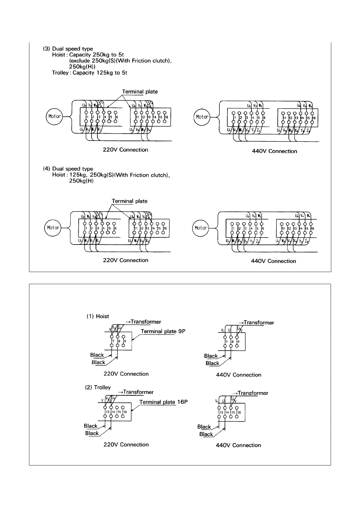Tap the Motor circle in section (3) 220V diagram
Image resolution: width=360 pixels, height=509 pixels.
54,116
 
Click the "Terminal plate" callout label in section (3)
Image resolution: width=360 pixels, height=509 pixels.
140,92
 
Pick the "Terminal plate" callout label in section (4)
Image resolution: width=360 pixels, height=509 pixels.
129,201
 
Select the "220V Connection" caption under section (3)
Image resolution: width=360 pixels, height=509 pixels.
126,150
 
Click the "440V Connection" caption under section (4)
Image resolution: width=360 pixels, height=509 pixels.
273,261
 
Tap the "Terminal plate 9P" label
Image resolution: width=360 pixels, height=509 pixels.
163,331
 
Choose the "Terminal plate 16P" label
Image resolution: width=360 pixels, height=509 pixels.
163,402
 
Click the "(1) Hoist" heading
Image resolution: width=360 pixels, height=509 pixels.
98,316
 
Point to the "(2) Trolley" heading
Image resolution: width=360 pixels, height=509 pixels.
98,387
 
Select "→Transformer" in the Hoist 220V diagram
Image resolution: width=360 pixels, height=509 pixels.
143,322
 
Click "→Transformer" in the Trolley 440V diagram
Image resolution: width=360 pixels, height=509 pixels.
250,393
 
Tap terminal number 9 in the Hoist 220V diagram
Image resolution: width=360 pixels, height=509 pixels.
125,341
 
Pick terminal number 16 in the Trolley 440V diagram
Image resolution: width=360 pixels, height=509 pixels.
239,412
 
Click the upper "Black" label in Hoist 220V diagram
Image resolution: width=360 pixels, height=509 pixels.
97,355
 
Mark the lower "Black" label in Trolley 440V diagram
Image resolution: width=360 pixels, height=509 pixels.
206,434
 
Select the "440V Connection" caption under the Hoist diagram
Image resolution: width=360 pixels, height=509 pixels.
238,375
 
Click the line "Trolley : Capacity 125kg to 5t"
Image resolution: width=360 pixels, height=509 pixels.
90,73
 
